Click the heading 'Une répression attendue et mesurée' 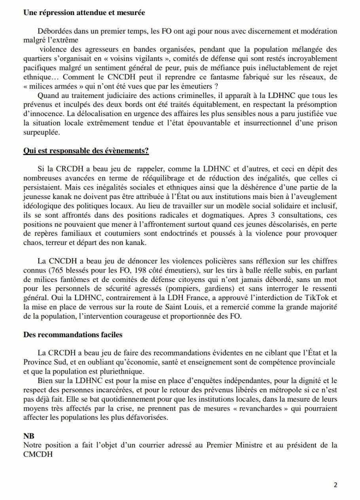[x=84, y=13]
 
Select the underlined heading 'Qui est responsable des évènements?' [x=86, y=151]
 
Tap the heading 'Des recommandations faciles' [x=73, y=335]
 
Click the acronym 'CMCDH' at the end [x=38, y=454]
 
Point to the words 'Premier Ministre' [x=229, y=445]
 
